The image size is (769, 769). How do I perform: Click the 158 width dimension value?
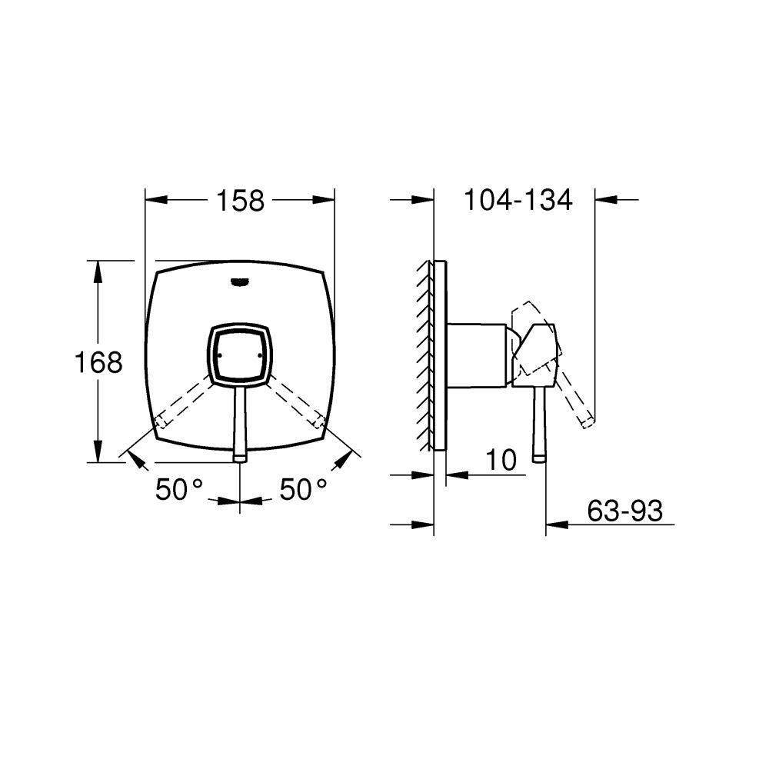tap(240, 201)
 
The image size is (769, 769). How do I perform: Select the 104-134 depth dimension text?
tap(518, 201)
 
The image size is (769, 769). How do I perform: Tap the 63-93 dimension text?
tap(624, 511)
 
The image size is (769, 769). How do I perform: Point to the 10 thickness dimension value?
tap(501, 461)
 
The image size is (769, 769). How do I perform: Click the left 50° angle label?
tap(179, 489)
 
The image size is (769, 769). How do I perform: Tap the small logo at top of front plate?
tap(240, 281)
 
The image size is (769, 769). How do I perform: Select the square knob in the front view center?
tap(241, 353)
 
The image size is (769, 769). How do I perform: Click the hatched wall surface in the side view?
tap(425, 354)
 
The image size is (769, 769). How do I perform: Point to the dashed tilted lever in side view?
tap(575, 396)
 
